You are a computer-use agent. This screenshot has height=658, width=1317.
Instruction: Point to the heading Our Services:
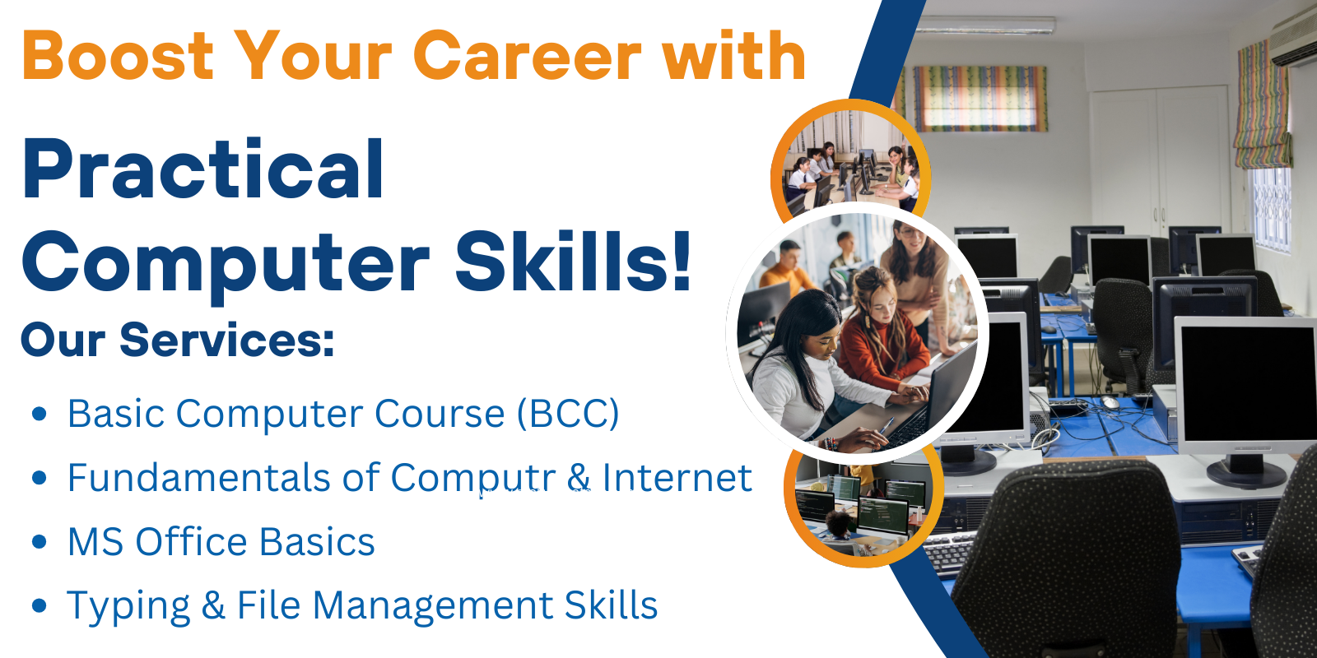click(x=178, y=341)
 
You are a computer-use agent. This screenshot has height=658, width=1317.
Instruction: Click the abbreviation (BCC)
click(x=568, y=414)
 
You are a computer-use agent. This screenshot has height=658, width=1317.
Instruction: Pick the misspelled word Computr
click(x=473, y=477)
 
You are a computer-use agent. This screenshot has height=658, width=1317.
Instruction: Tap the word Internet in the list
click(x=677, y=476)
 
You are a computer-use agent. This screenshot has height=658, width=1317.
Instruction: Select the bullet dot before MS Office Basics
click(x=40, y=541)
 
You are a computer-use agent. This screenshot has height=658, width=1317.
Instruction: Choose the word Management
click(x=433, y=605)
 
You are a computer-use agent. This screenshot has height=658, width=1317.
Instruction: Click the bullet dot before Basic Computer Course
click(x=40, y=414)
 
